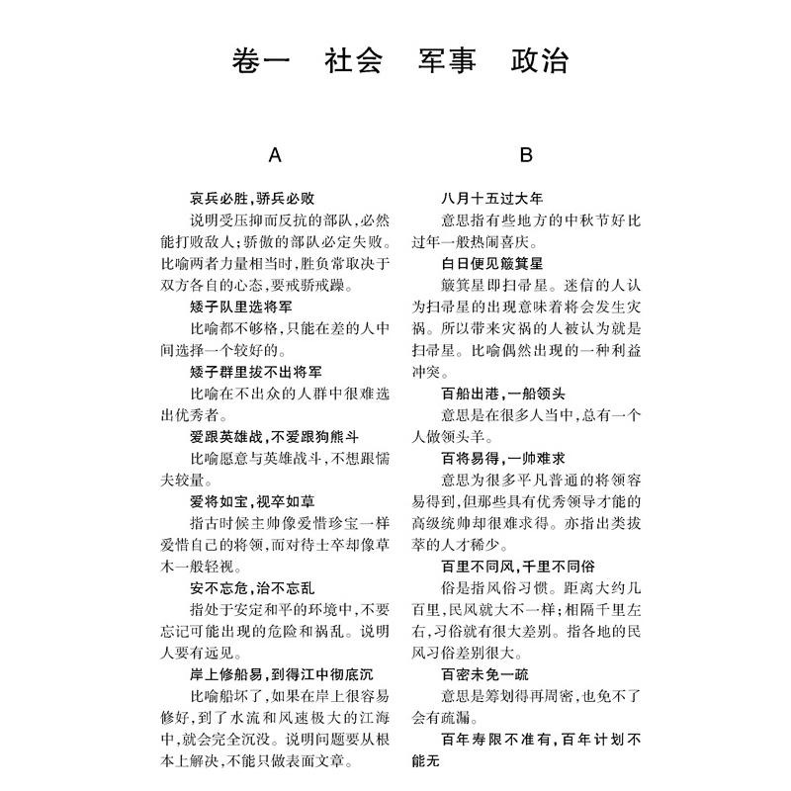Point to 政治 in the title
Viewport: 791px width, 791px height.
(x=540, y=62)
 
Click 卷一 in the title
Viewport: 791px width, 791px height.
(x=254, y=62)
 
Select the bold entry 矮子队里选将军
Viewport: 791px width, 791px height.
(x=245, y=306)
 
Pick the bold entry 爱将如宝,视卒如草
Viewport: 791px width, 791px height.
(x=252, y=501)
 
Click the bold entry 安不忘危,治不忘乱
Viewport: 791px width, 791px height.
(x=252, y=587)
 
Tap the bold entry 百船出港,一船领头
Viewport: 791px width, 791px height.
(x=505, y=393)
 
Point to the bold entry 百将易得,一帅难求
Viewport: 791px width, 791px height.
(x=505, y=458)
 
